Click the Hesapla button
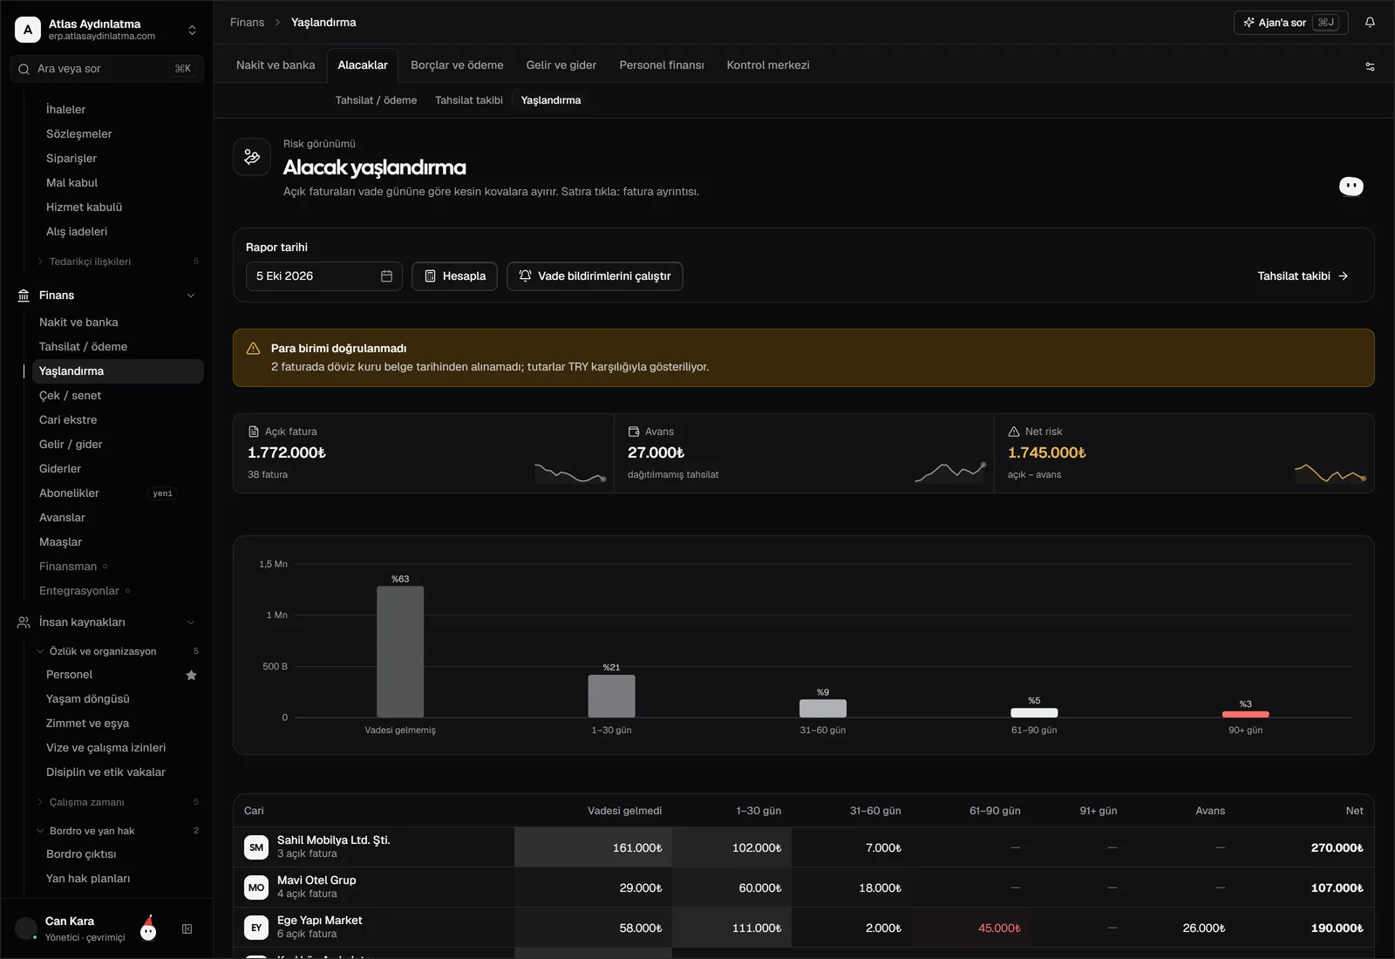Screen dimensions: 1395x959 click(454, 275)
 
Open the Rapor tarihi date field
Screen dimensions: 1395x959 click(323, 275)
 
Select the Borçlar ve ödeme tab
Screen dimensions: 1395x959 click(457, 65)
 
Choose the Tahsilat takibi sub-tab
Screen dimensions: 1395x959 click(469, 100)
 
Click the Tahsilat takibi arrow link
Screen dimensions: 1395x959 click(1303, 275)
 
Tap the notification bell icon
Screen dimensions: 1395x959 click(1370, 23)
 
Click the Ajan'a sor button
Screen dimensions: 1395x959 click(1290, 23)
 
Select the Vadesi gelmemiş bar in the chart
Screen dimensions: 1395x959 click(400, 651)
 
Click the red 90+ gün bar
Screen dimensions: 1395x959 click(1246, 714)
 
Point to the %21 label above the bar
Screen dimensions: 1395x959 click(611, 667)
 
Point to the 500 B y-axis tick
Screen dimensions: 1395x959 click(276, 666)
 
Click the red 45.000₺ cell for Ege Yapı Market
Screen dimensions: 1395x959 click(999, 928)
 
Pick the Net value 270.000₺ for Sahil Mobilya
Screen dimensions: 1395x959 click(1337, 847)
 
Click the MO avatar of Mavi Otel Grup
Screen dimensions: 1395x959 click(256, 888)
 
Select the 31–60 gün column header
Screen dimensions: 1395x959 click(875, 810)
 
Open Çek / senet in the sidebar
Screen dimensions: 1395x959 click(70, 396)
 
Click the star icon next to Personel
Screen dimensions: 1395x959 click(191, 675)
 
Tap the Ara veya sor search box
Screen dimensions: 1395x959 click(106, 69)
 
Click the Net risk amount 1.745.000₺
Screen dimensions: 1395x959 click(1046, 452)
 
